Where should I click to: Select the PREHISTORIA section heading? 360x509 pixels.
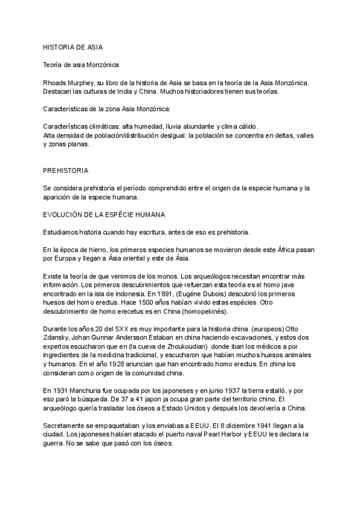pyautogui.click(x=65, y=170)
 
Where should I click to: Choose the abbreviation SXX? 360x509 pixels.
pyautogui.click(x=122, y=329)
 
